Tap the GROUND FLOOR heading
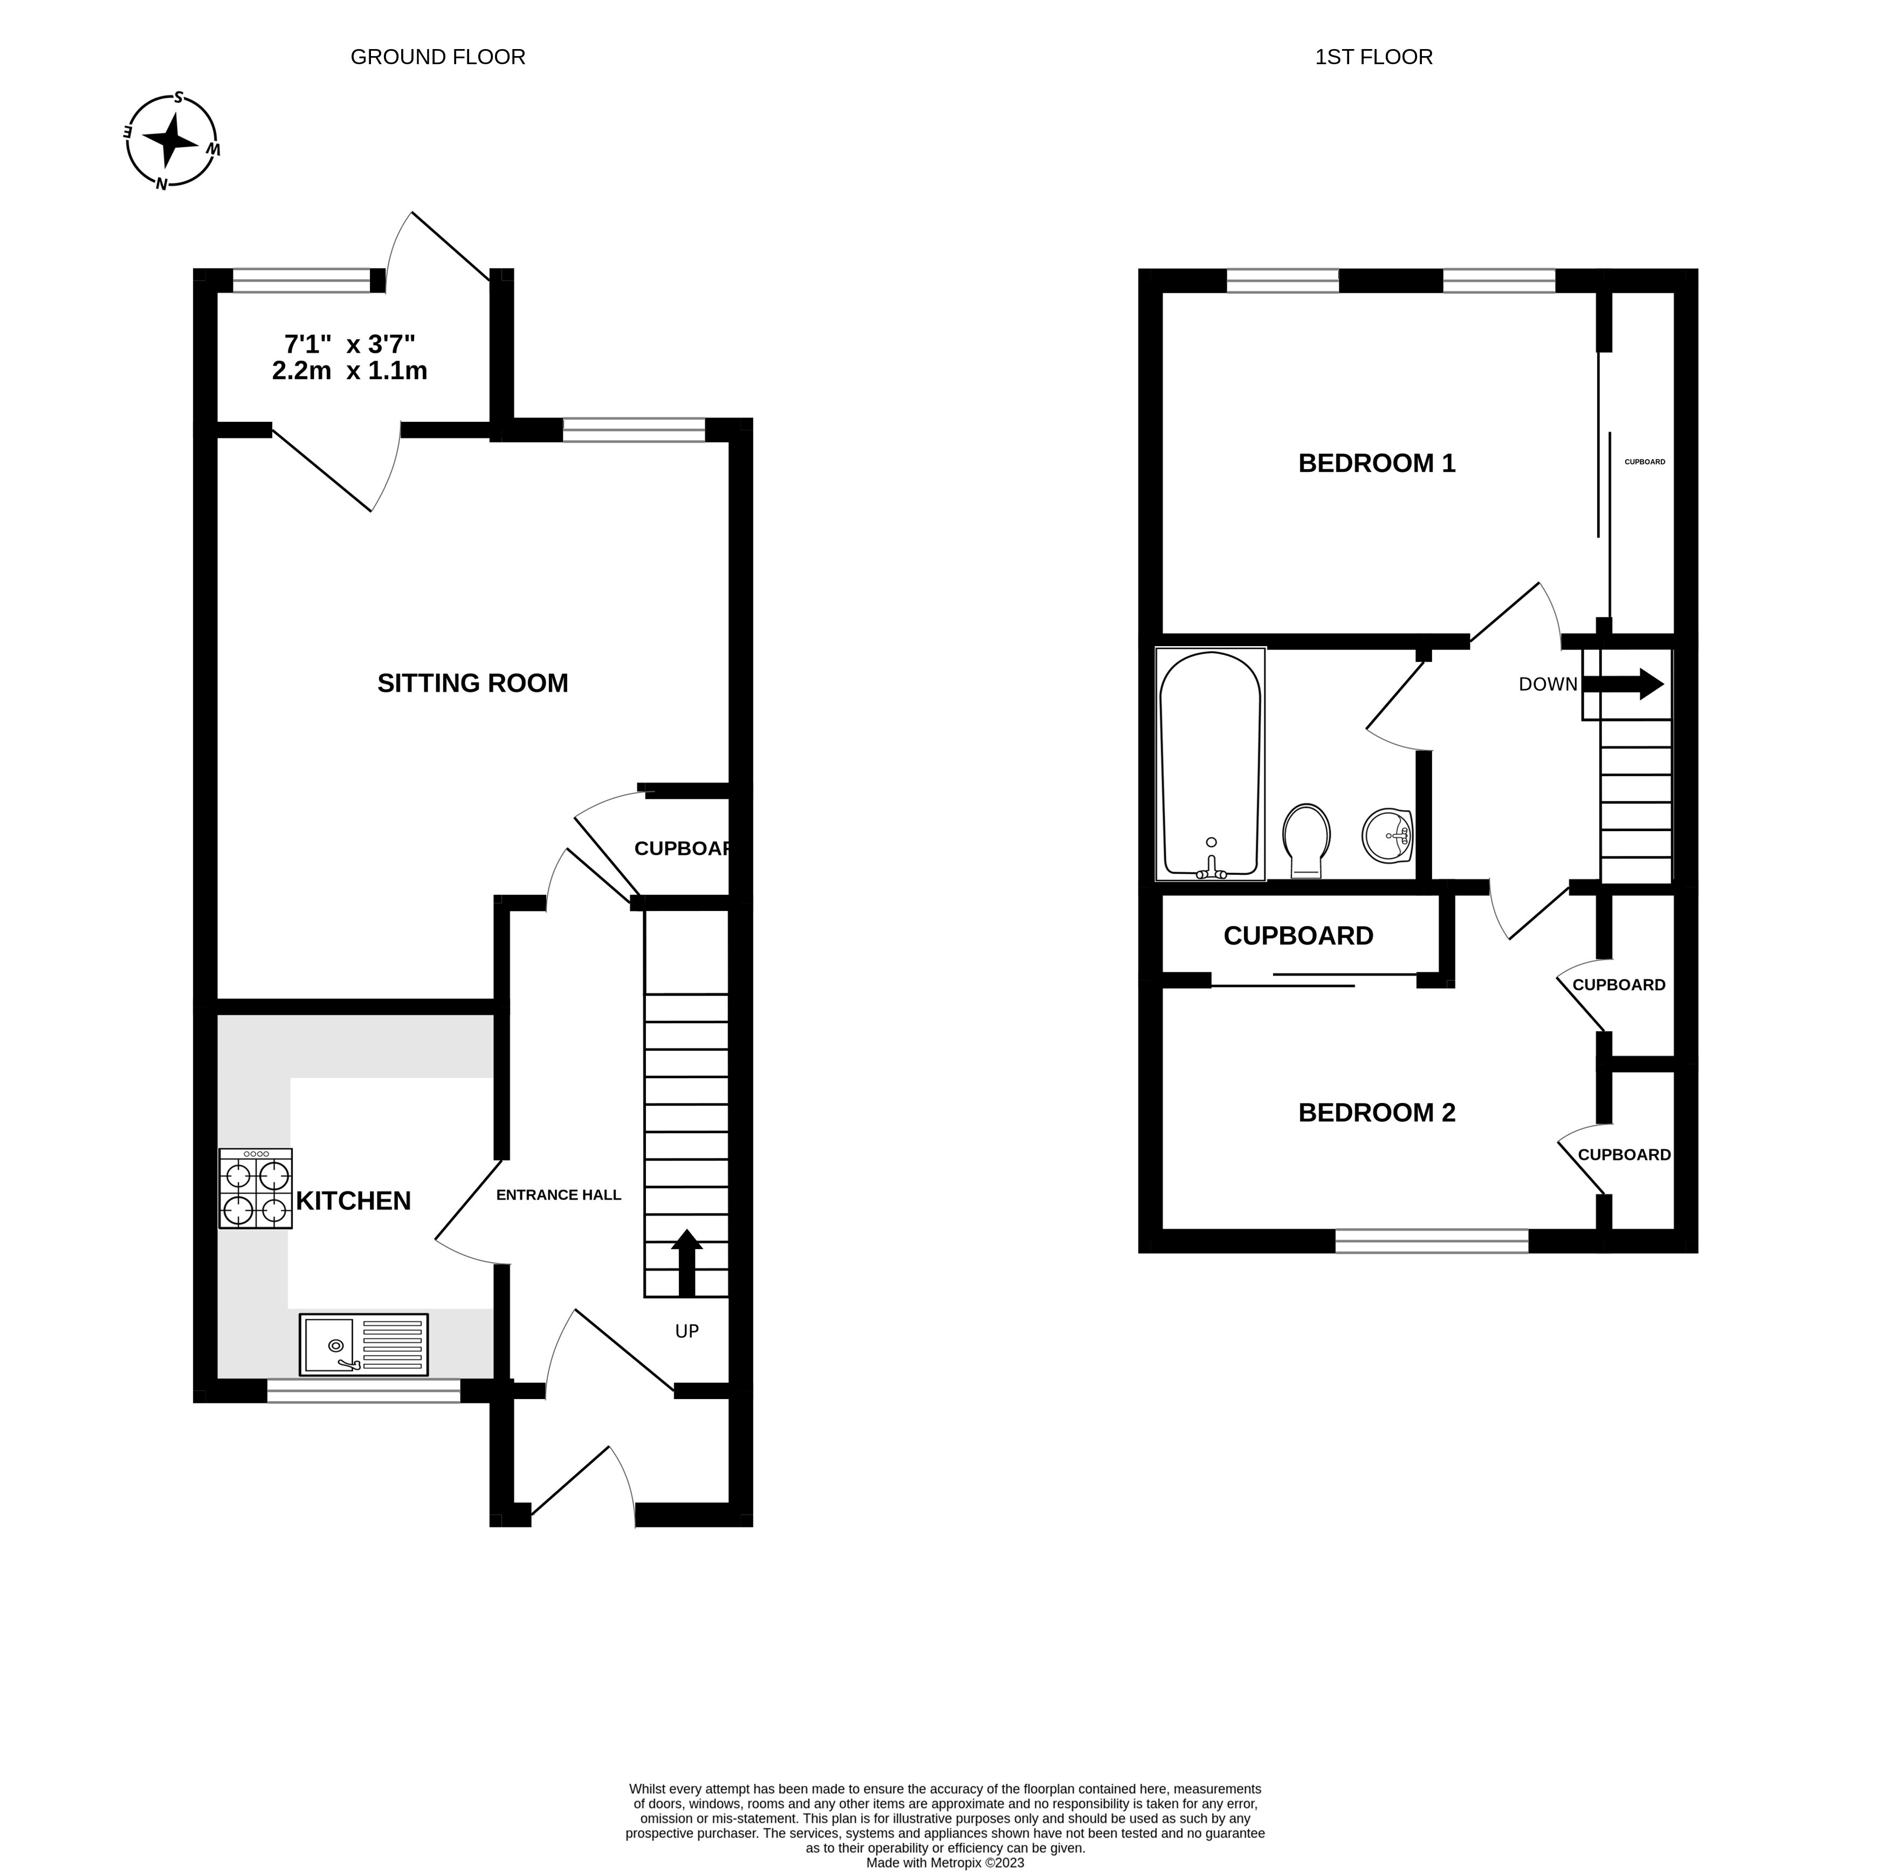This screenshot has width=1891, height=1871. click(437, 57)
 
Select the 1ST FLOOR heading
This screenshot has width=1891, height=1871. click(1373, 57)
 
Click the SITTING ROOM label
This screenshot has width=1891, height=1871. click(473, 683)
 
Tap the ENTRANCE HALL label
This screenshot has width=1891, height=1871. click(558, 1195)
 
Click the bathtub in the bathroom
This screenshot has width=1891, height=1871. click(1210, 764)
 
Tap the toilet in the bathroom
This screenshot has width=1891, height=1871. click(1306, 839)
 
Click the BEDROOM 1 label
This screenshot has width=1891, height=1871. click(1376, 463)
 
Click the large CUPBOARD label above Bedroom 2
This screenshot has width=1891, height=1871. click(1298, 936)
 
